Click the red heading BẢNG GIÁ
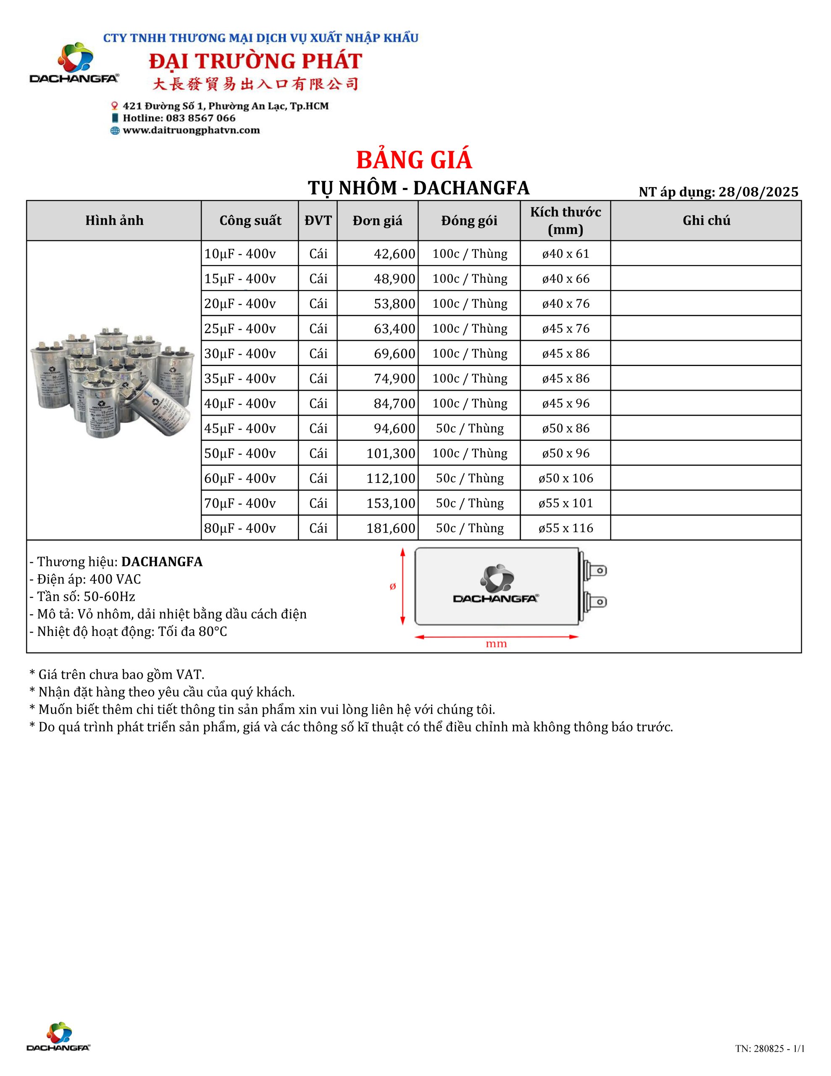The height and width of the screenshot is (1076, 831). pyautogui.click(x=414, y=160)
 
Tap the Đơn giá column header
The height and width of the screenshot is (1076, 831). pyautogui.click(x=377, y=220)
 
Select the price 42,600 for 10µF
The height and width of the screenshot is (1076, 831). pyautogui.click(x=394, y=254)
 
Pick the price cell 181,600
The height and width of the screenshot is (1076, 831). pyautogui.click(x=391, y=528)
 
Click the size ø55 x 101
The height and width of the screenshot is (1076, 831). pyautogui.click(x=565, y=503)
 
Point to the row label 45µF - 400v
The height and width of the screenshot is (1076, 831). pyautogui.click(x=240, y=428)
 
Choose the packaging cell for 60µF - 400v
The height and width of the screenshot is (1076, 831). pyautogui.click(x=469, y=478)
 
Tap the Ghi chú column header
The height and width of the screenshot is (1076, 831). pyautogui.click(x=706, y=220)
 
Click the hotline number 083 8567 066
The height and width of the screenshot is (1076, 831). pyautogui.click(x=200, y=118)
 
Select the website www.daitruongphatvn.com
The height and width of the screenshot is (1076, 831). pyautogui.click(x=191, y=130)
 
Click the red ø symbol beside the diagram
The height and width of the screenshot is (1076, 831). pyautogui.click(x=392, y=586)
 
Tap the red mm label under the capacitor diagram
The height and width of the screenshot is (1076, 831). pyautogui.click(x=496, y=644)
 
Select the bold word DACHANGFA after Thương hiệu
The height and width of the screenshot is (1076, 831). pyautogui.click(x=162, y=562)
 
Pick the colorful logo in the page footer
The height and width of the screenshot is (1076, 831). pyautogui.click(x=59, y=1034)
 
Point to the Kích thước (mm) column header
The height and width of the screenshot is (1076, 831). pyautogui.click(x=565, y=220)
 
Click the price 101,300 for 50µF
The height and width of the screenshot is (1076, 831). pyautogui.click(x=391, y=453)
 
